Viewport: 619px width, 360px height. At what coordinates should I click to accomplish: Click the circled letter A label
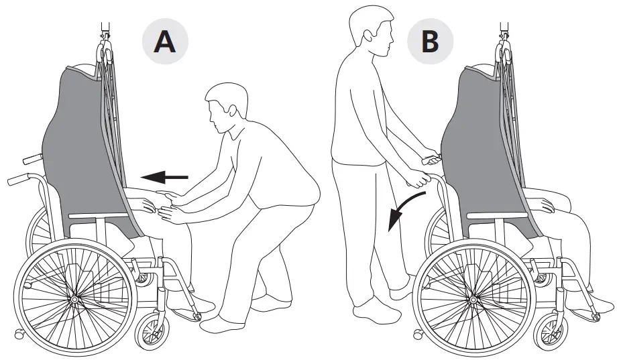tap(164, 41)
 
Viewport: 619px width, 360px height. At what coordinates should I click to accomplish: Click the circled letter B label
tap(429, 41)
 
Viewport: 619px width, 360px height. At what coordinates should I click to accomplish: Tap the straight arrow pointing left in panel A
tap(164, 177)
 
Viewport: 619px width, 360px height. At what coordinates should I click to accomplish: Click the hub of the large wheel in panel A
tap(73, 296)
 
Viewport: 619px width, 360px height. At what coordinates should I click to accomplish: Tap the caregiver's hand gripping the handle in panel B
tap(418, 180)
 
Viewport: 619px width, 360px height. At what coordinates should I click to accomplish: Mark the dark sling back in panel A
tap(80, 147)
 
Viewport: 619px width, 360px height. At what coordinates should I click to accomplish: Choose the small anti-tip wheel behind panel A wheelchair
tap(18, 333)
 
